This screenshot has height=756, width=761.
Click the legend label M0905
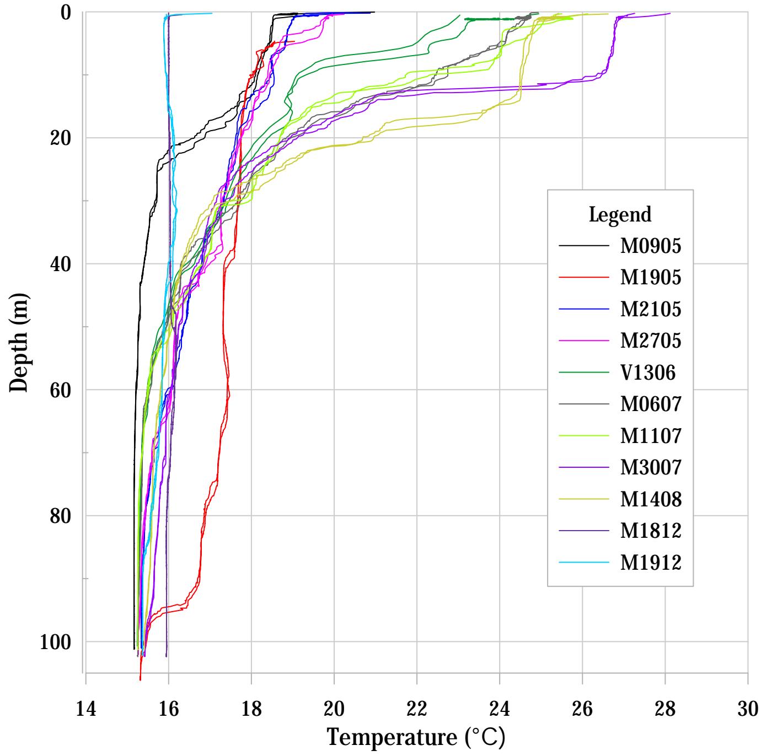(x=651, y=246)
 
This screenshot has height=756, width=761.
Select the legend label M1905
(x=651, y=278)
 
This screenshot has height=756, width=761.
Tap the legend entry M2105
(x=651, y=310)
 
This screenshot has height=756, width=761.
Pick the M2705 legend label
(x=651, y=341)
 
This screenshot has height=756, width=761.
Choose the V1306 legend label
(x=648, y=373)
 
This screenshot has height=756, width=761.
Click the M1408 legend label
(x=651, y=499)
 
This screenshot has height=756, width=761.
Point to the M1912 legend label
(x=651, y=563)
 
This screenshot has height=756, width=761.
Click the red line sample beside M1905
(x=584, y=278)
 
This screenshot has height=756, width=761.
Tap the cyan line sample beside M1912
(x=584, y=563)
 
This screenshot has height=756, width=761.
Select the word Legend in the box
(x=620, y=214)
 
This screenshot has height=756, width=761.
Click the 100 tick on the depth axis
(x=58, y=642)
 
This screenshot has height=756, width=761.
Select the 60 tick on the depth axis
(x=65, y=390)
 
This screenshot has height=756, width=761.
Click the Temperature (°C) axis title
(x=416, y=737)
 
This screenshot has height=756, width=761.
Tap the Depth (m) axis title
(x=19, y=342)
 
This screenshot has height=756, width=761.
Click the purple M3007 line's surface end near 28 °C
(x=669, y=13)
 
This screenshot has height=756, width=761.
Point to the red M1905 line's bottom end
(x=140, y=679)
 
